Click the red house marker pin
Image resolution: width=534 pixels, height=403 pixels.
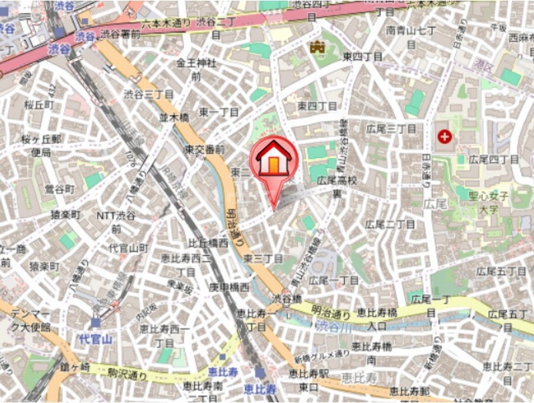274,164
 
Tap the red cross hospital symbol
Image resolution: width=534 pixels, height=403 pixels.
444,137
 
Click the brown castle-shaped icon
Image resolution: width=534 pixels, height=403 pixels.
316,46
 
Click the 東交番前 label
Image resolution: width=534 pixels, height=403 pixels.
204,149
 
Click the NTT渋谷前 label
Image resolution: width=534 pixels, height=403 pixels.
116,222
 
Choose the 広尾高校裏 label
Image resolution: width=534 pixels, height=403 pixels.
339,186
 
